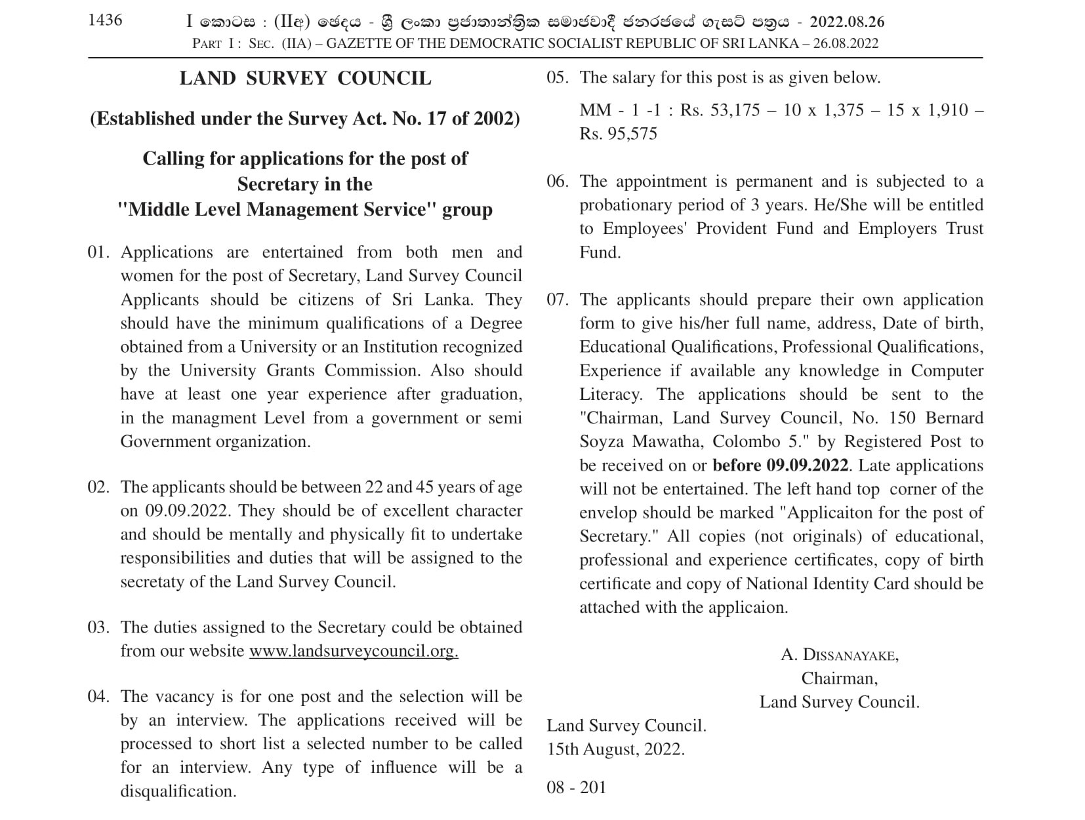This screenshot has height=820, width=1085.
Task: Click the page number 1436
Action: click(x=105, y=20)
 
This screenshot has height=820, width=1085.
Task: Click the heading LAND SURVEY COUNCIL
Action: click(x=305, y=78)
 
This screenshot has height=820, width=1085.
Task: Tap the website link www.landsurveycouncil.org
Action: click(x=354, y=652)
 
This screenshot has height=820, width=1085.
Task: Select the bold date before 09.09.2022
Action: click(x=781, y=465)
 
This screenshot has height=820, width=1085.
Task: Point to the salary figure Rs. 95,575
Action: click(x=618, y=134)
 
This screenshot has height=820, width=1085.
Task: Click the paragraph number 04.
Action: click(x=98, y=696)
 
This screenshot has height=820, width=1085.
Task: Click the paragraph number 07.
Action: click(x=558, y=300)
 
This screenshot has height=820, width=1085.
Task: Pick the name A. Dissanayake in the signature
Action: click(x=840, y=655)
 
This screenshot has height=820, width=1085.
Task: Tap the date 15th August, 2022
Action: click(x=615, y=749)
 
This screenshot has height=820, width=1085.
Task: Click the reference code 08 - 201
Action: click(x=576, y=787)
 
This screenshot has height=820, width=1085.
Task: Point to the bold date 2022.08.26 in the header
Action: click(x=847, y=22)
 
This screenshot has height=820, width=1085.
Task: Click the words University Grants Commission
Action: click(x=299, y=370)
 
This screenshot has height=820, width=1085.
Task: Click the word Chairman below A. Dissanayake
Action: click(x=839, y=678)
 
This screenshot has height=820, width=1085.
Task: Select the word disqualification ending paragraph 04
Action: click(x=178, y=791)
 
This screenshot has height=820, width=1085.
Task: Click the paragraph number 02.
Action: click(x=98, y=487)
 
